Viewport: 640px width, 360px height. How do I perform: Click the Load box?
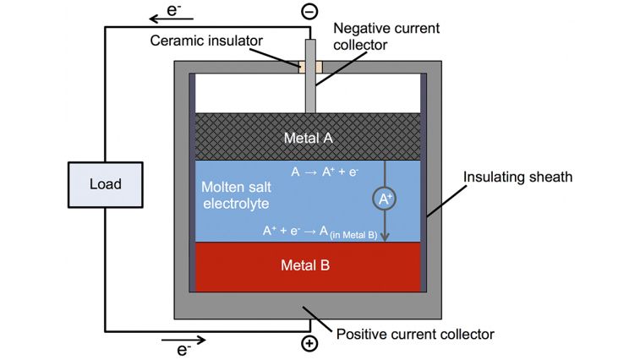106,184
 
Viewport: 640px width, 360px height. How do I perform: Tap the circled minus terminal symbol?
309,12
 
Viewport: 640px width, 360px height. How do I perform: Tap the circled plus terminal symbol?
309,343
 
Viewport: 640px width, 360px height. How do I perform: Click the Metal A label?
308,138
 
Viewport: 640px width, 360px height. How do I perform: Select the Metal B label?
305,265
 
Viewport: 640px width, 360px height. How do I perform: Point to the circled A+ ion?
384,199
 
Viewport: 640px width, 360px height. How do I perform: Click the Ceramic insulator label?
206,41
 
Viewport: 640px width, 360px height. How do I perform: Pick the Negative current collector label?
386,36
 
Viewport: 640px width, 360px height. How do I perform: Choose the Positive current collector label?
415,335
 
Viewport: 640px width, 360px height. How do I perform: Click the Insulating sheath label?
517,177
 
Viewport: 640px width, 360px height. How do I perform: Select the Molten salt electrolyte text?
237,195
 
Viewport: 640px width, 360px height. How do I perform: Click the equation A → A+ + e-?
325,172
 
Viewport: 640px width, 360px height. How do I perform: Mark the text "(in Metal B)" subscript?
353,235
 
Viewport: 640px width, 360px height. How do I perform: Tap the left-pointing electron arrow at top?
171,19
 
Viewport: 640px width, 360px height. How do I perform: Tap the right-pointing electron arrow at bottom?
183,340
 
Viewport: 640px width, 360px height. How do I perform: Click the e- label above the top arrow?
173,9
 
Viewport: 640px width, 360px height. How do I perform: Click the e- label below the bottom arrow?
183,350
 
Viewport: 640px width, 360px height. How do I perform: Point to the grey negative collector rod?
310,76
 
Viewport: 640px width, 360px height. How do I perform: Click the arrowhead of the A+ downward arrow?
385,237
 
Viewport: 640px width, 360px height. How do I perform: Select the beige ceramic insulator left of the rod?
302,67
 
